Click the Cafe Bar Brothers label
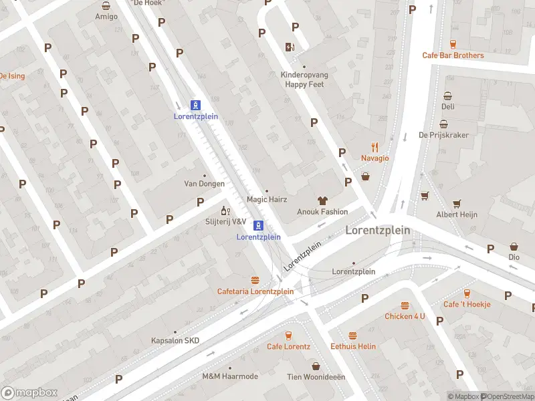(453, 55)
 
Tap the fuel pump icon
(290, 47)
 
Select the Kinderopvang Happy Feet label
(304, 80)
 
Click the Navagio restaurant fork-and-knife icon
(375, 147)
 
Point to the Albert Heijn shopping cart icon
(457, 203)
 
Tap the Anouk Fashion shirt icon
(322, 200)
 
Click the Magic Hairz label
(266, 199)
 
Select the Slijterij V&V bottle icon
(225, 211)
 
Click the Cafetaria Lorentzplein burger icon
(255, 280)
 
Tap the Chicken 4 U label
(405, 316)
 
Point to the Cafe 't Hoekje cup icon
(467, 293)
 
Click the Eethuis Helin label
(353, 346)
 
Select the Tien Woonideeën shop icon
(316, 366)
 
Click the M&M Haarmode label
(230, 376)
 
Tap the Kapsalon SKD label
(175, 341)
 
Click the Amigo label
(106, 16)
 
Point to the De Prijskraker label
(443, 135)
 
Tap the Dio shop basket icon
(514, 247)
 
